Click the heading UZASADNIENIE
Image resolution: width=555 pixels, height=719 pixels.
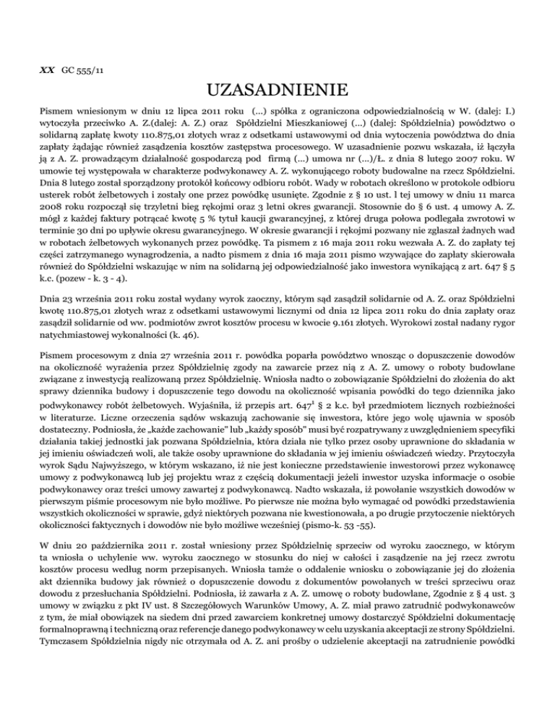[x=277, y=92]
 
